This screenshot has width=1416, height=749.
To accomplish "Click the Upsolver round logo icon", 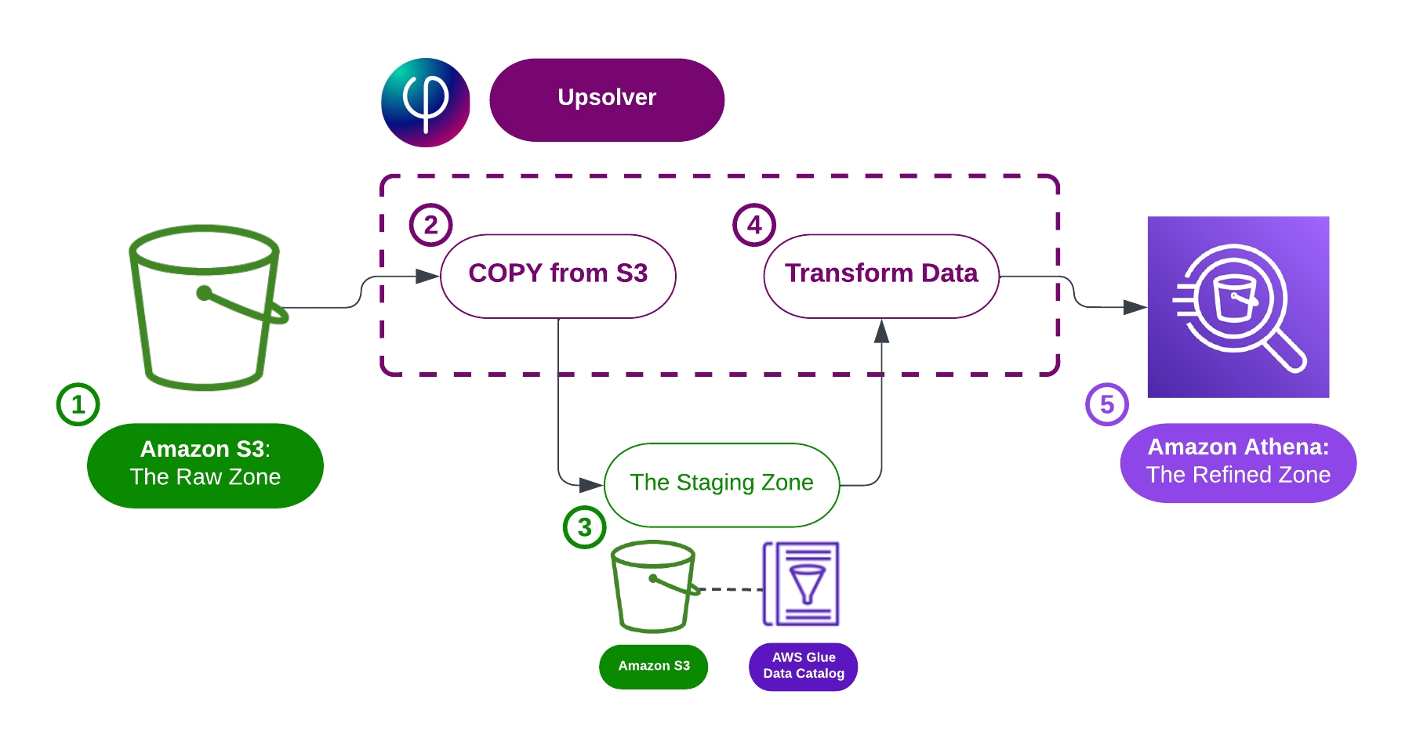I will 425,102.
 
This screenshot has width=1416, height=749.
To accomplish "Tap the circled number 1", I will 78,404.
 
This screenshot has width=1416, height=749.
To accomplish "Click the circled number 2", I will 430,225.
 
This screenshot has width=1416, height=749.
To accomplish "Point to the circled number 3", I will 584,527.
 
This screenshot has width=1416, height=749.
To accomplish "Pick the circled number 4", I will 753,225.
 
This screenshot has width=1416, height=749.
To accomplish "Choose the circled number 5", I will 1106,404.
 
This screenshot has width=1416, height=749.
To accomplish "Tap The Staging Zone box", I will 721,484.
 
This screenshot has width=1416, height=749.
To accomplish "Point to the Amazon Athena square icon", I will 1237,306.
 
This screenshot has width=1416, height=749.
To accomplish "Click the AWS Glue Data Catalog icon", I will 801,584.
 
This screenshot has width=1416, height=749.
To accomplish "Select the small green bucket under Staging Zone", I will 653,586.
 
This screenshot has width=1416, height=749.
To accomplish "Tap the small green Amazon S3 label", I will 653,666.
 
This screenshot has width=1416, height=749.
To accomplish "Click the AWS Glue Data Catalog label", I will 803,666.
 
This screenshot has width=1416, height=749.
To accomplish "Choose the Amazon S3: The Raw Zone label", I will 205,465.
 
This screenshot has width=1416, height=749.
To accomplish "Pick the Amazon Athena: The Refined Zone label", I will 1237,462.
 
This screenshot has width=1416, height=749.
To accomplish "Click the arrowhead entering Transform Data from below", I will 881,332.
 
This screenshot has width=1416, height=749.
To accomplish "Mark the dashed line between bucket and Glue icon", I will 731,588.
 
